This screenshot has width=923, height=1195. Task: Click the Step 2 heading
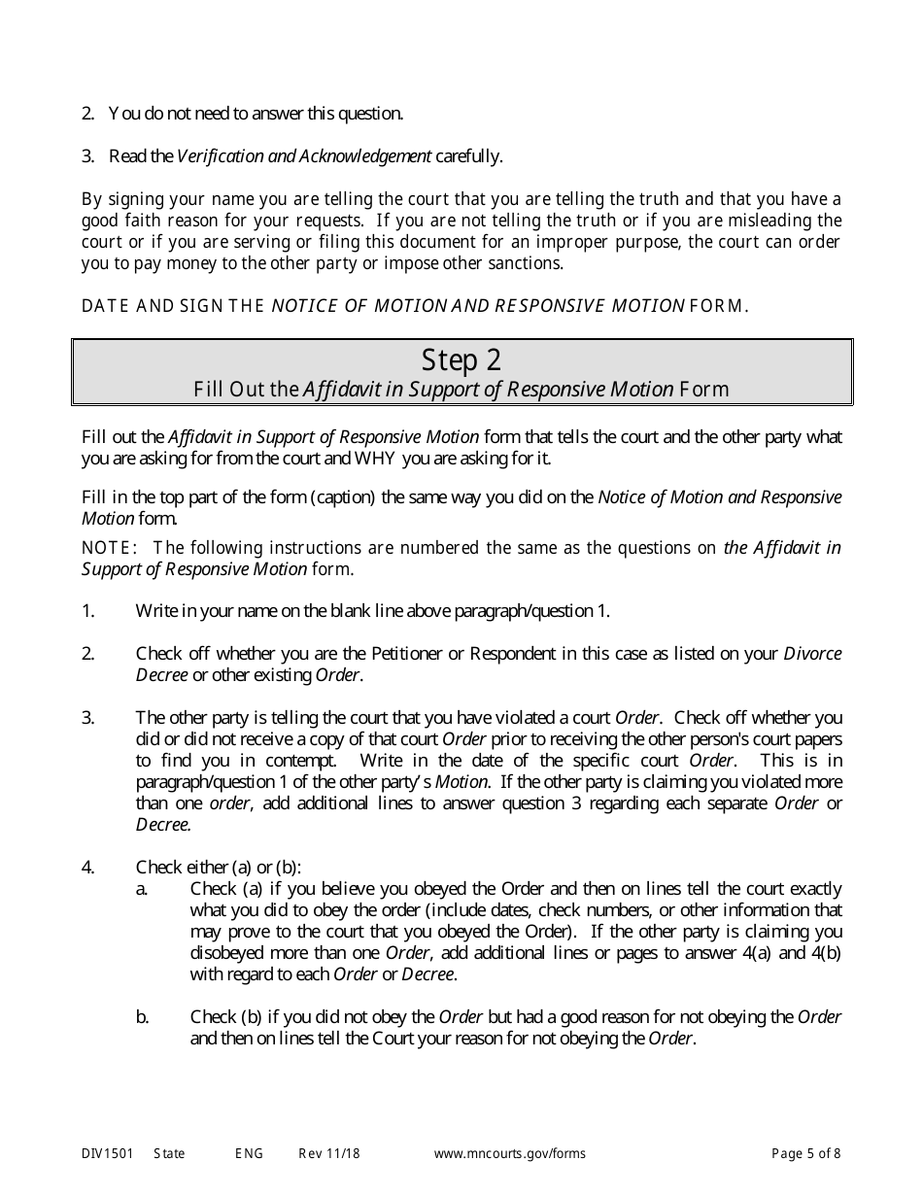pyautogui.click(x=461, y=360)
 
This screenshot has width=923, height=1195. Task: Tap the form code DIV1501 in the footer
pyautogui.click(x=102, y=1154)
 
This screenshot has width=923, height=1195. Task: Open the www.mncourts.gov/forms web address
pyautogui.click(x=509, y=1154)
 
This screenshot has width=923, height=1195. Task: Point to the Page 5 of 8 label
pyautogui.click(x=805, y=1154)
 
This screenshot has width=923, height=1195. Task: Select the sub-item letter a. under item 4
pyautogui.click(x=142, y=889)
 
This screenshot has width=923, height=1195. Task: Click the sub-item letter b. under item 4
pyautogui.click(x=142, y=1017)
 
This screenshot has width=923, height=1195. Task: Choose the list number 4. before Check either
pyautogui.click(x=88, y=868)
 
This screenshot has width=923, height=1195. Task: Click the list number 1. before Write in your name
pyautogui.click(x=88, y=611)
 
